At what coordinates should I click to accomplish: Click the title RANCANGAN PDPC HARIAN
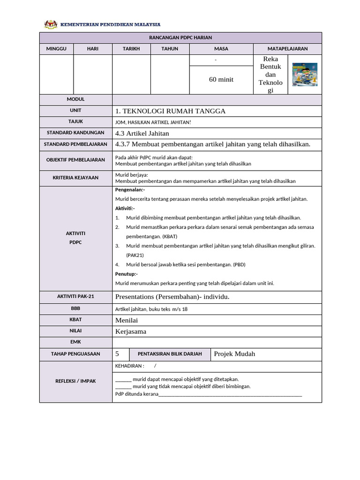(180, 37)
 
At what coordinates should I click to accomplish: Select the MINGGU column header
(56, 49)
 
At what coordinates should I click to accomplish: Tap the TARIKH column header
(131, 49)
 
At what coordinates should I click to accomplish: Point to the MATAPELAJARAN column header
(287, 49)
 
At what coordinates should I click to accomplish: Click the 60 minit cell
(221, 80)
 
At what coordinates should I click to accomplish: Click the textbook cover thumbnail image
(305, 75)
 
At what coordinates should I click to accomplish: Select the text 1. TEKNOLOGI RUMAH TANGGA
(170, 111)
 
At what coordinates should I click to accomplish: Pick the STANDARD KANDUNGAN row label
(75, 133)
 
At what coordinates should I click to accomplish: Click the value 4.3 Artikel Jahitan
(142, 134)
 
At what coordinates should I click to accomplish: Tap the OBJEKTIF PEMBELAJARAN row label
(75, 160)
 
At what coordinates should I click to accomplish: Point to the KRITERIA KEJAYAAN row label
(75, 178)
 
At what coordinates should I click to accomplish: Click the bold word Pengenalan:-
(130, 190)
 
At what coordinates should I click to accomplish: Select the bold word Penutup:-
(126, 274)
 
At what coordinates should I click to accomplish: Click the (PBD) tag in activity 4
(239, 264)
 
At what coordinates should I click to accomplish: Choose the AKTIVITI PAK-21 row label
(75, 297)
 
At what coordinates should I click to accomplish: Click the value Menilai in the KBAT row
(127, 320)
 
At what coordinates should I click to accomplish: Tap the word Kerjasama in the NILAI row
(131, 331)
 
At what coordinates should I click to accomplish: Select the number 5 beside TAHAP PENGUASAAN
(117, 354)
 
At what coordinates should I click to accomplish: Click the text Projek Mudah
(234, 354)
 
